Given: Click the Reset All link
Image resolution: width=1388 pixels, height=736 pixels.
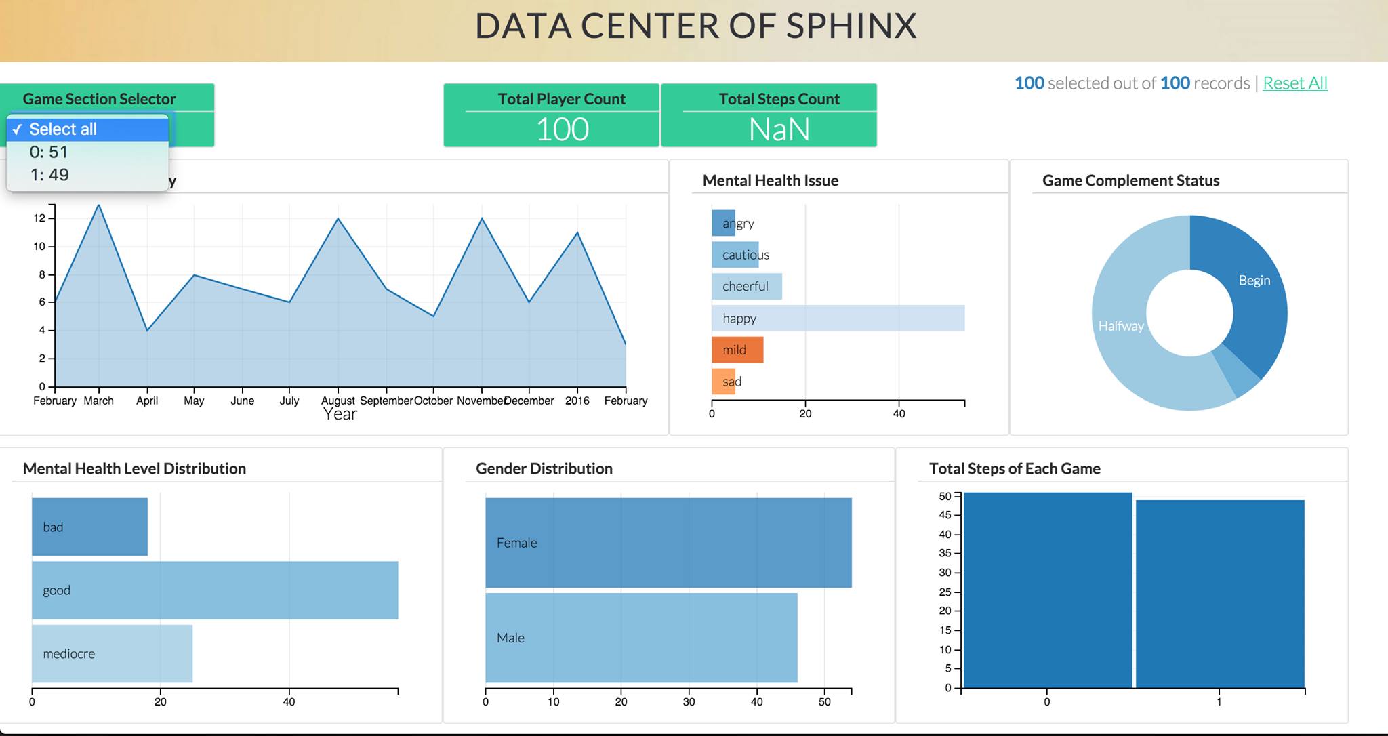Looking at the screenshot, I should click(x=1294, y=83).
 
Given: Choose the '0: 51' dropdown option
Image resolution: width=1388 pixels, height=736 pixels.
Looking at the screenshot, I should click(x=49, y=152).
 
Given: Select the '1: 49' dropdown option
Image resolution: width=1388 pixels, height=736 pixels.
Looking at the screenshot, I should click(x=49, y=175).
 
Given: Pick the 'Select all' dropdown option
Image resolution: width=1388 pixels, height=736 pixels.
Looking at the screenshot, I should click(x=63, y=129).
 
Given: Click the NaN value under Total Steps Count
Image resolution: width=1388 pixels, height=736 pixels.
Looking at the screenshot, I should click(x=779, y=129).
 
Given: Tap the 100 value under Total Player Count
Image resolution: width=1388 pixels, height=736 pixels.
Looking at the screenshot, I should click(x=562, y=129).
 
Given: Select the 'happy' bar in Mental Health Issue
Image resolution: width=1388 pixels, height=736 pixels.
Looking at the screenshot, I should click(x=838, y=319).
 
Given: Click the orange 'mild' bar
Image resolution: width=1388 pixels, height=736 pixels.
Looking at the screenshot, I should click(x=737, y=350).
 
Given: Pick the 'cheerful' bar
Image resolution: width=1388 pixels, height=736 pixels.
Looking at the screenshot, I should click(x=747, y=287).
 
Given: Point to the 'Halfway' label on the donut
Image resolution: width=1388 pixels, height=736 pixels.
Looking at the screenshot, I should click(x=1121, y=326).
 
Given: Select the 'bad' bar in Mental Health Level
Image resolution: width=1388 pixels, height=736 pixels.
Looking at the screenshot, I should click(x=89, y=527).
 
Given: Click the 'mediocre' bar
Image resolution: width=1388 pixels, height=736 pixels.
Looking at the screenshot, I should click(x=112, y=654).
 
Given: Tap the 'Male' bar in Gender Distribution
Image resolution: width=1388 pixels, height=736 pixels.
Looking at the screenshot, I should click(x=640, y=638).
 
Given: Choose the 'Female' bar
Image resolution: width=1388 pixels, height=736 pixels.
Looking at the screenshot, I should click(x=668, y=543).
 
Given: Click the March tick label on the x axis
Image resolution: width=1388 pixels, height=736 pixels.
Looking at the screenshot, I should click(x=99, y=401).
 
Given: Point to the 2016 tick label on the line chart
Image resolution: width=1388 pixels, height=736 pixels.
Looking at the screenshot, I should click(x=577, y=401).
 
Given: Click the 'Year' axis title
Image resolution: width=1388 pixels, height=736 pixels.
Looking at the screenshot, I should click(x=340, y=414).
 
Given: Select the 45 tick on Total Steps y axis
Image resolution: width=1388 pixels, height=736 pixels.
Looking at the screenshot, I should click(x=945, y=515).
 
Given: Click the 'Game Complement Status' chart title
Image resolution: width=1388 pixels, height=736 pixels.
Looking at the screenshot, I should click(x=1130, y=180).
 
